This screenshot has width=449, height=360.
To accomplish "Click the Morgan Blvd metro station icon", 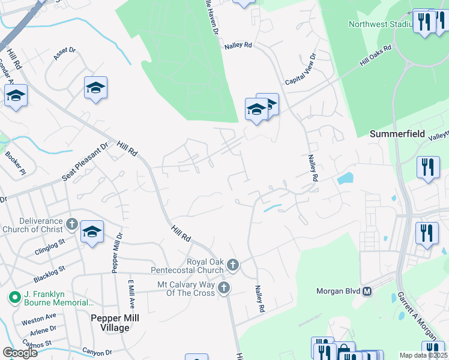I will tap(367, 292).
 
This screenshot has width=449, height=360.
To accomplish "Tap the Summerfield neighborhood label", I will tap(397, 134).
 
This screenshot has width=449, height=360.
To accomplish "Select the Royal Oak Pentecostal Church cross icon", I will tap(234, 264).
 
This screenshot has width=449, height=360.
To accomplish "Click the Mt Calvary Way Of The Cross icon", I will tap(223, 288).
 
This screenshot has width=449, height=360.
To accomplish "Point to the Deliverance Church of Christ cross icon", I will tap(71, 225).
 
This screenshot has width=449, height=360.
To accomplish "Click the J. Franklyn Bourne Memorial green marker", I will tap(13, 297).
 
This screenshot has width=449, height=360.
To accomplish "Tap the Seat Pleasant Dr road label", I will tap(85, 162).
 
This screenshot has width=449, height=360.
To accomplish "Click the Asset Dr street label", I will tap(65, 54).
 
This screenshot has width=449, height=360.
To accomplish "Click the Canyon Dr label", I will tap(97, 352).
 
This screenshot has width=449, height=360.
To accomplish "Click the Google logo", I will tap(20, 352).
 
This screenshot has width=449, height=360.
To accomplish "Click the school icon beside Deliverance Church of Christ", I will tap(92, 232).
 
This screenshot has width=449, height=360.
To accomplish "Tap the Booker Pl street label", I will tap(15, 163).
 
